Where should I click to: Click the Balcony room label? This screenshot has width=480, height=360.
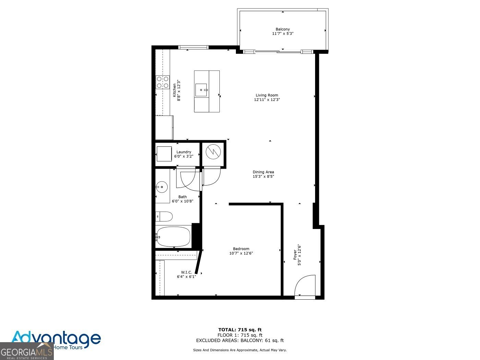pyautogui.click(x=283, y=29)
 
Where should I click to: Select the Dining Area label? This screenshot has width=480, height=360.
pyautogui.click(x=263, y=172)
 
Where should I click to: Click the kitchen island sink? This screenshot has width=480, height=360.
pyautogui.click(x=201, y=90)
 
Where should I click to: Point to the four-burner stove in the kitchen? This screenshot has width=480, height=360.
pyautogui.click(x=163, y=82)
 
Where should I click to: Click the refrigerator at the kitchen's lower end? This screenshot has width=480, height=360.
pyautogui.click(x=164, y=128)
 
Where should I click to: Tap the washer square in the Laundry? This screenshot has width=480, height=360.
pyautogui.click(x=164, y=154)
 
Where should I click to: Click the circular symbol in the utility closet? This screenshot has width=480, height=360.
pyautogui.click(x=213, y=152)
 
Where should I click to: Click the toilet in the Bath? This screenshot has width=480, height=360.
pyautogui.click(x=164, y=216)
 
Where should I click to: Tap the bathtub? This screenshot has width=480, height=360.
pyautogui.click(x=173, y=237)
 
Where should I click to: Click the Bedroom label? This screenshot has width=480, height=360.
pyautogui.click(x=241, y=249)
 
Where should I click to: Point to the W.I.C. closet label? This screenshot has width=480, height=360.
pyautogui.click(x=186, y=272)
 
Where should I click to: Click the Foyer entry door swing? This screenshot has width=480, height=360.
pyautogui.click(x=305, y=285)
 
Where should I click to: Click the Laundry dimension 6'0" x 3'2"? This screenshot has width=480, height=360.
pyautogui.click(x=184, y=156)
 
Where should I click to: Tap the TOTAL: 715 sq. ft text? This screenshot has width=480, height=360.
pyautogui.click(x=240, y=330)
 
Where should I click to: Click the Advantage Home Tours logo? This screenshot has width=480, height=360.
pyautogui.click(x=56, y=339)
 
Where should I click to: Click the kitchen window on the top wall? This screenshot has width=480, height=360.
pyautogui.click(x=193, y=47)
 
